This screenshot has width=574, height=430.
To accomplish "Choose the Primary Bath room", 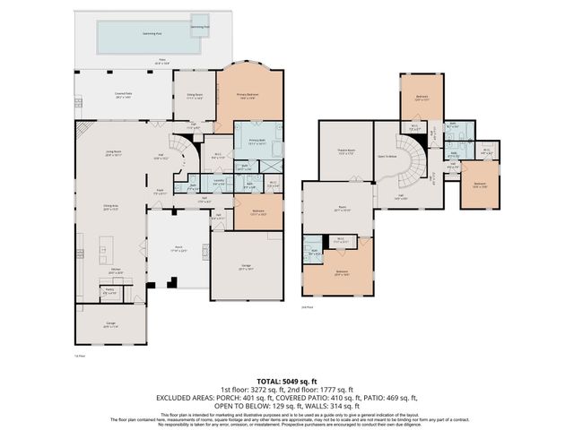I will click(255, 141).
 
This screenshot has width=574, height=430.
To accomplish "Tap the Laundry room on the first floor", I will click(217, 179).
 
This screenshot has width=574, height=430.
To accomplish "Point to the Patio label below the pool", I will click(162, 63).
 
